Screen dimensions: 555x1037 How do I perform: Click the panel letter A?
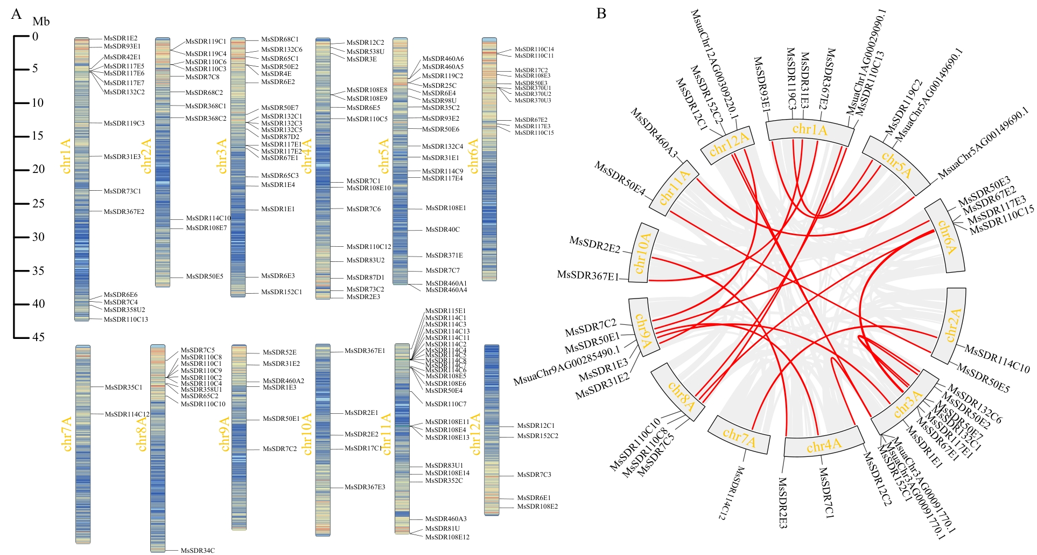pos(17,13)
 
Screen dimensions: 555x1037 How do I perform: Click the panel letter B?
pos(601,13)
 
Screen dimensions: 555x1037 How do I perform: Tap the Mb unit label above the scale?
pos(41,22)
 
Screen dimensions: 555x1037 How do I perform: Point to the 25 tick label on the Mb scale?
pos(38,203)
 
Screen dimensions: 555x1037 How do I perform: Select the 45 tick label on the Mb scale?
pos(38,337)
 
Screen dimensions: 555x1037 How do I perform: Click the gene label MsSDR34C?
pos(198,550)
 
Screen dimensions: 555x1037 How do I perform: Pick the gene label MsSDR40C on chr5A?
pos(443,230)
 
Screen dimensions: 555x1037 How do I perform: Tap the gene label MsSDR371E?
pos(444,255)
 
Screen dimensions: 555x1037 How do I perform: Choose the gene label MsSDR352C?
pos(444,481)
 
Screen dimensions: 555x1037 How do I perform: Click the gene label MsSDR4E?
pos(276,74)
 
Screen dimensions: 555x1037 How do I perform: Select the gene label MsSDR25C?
pos(439,85)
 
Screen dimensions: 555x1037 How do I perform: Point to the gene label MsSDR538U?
pos(365,52)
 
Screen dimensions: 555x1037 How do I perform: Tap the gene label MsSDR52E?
pos(279,352)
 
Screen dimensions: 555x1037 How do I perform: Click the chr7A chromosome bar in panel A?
pos(83,445)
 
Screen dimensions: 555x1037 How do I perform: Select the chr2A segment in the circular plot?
pos(952,326)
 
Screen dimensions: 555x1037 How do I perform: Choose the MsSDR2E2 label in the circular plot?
pos(594,245)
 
